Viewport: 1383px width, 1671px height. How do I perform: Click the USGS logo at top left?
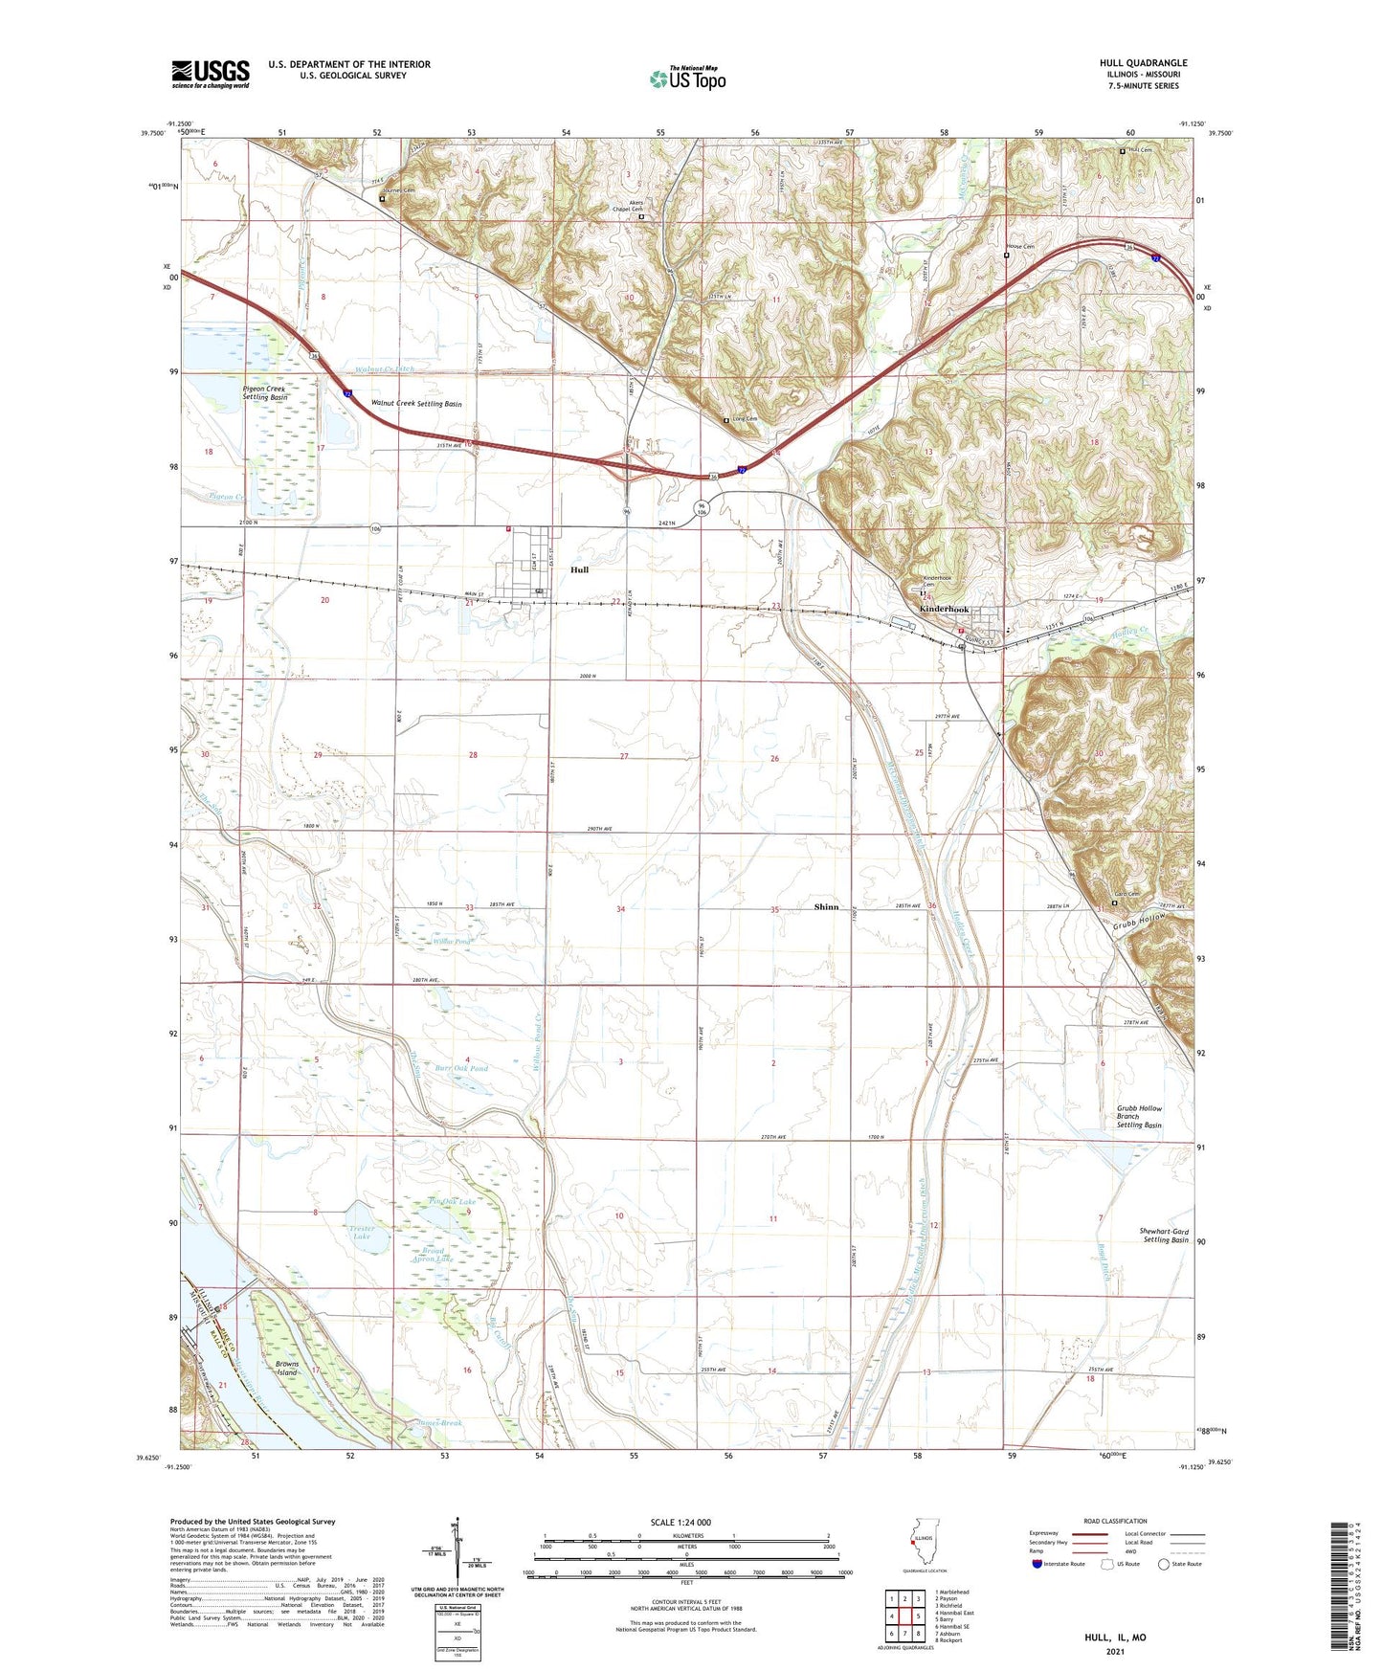click(x=211, y=73)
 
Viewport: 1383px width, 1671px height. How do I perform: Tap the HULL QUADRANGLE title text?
click(x=1143, y=63)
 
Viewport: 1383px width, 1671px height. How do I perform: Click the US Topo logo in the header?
click(x=686, y=78)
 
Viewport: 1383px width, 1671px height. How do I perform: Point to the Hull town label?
click(x=579, y=569)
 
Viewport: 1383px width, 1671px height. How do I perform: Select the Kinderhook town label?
click(x=944, y=610)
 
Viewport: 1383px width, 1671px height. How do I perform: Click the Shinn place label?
click(x=826, y=907)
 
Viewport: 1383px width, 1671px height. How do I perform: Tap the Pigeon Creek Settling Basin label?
click(x=264, y=393)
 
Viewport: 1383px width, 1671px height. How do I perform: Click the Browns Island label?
click(x=286, y=1368)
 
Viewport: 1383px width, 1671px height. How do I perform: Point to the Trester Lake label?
click(x=363, y=1232)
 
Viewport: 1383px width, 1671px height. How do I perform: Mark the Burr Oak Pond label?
click(x=462, y=1068)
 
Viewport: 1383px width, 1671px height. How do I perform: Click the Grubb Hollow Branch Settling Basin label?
click(x=1139, y=1117)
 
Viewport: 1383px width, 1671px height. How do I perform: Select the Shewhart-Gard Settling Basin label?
click(x=1164, y=1236)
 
